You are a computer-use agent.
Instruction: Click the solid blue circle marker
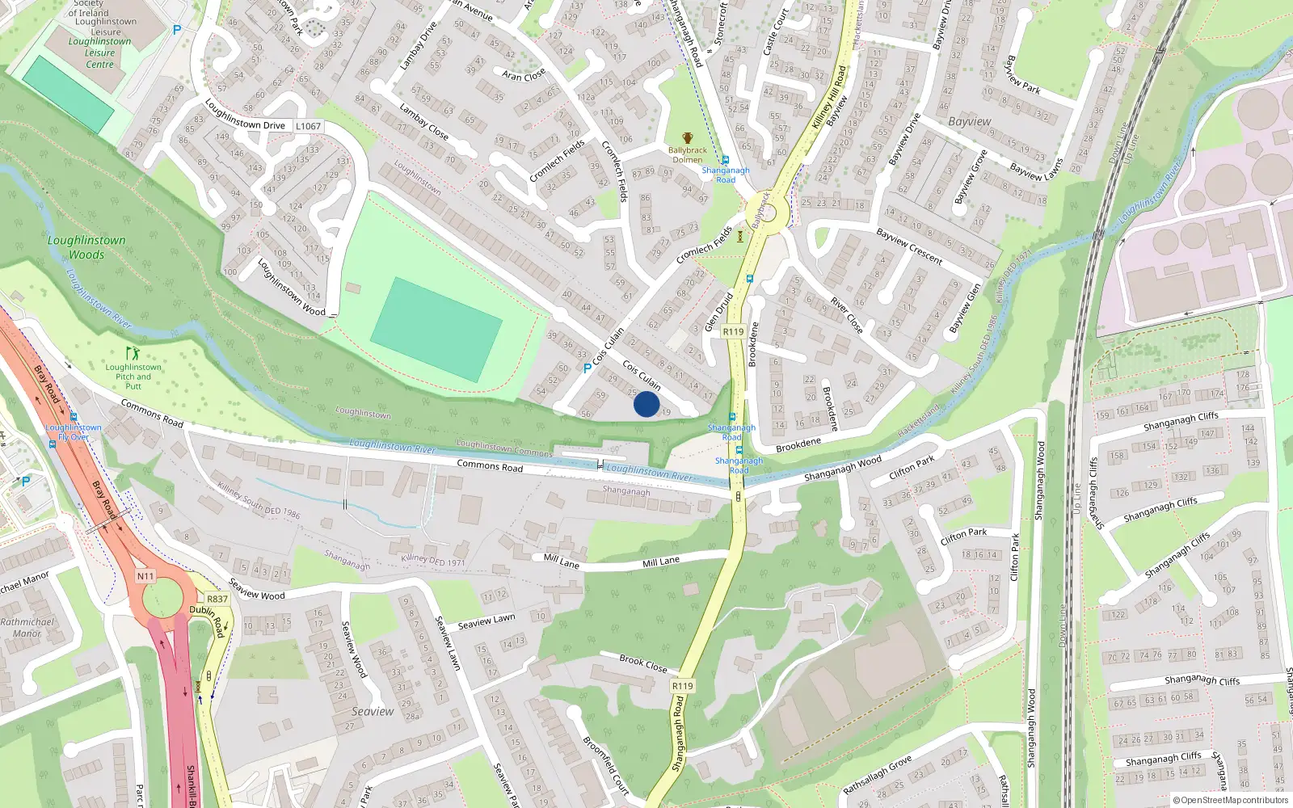click(646, 404)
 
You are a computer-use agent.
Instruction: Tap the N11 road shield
click(145, 576)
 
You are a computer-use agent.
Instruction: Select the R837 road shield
click(217, 599)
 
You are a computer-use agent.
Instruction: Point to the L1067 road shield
click(308, 126)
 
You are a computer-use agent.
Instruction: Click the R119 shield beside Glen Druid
click(733, 331)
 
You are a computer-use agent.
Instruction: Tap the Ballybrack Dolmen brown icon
click(688, 138)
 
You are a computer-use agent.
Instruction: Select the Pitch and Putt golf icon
click(133, 353)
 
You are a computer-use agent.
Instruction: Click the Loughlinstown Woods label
click(86, 247)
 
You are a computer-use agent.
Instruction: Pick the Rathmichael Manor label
click(27, 628)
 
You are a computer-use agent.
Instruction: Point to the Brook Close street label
click(643, 663)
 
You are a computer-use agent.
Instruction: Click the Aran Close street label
click(524, 75)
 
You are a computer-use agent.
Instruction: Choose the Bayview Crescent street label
click(909, 246)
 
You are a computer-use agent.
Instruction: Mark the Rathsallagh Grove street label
click(877, 775)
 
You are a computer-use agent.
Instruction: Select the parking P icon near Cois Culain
click(588, 368)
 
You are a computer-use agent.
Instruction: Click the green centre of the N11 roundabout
click(164, 599)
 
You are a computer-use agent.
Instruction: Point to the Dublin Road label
click(207, 620)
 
